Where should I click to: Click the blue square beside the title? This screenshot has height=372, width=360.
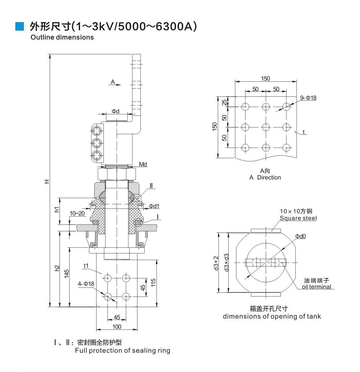coord(20,26)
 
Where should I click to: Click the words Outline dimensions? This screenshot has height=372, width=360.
coord(62,37)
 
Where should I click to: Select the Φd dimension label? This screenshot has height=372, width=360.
coord(115,111)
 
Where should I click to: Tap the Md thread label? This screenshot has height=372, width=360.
coord(143,165)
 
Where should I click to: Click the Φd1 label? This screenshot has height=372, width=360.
coord(154,206)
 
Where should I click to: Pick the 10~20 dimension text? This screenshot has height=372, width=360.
coord(78,213)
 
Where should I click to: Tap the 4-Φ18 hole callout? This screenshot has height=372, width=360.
coord(86,284)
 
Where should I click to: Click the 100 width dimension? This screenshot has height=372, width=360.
coord(116,327)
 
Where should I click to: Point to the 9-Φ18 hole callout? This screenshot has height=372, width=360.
coord(308,98)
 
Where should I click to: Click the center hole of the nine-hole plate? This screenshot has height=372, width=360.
coord(266,127)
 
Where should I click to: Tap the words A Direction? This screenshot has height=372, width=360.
coord(265,178)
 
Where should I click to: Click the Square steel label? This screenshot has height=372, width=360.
coord(298,218)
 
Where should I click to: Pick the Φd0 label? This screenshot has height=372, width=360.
coord(300,236)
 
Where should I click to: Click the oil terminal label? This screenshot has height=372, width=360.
coord(316,287)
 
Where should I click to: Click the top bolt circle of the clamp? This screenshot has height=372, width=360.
coord(97,130)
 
